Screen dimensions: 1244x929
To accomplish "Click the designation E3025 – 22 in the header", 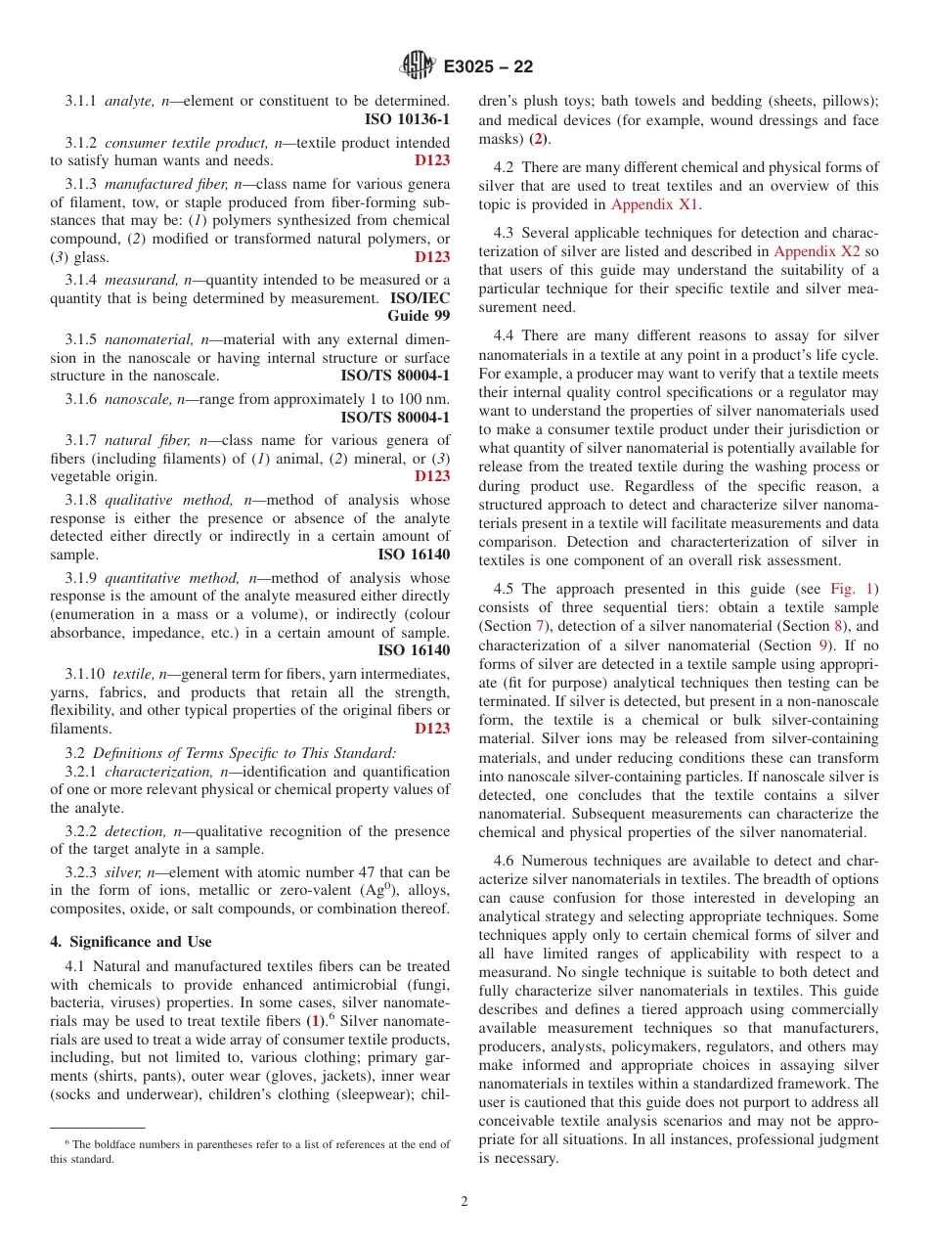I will pyautogui.click(x=488, y=67).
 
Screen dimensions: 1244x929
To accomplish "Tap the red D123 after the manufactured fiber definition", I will pyautogui.click(x=432, y=257).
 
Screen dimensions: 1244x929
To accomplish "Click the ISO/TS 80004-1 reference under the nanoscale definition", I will pyautogui.click(x=395, y=418).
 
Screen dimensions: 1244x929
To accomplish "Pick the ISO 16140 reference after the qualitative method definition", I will pyautogui.click(x=414, y=555).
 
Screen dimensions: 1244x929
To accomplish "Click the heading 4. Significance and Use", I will pyautogui.click(x=130, y=942).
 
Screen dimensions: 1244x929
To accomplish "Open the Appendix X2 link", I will pyautogui.click(x=817, y=251).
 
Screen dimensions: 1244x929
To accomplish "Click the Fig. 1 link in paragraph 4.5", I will pyautogui.click(x=856, y=588).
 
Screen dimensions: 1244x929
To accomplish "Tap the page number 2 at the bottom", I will pyautogui.click(x=464, y=1202).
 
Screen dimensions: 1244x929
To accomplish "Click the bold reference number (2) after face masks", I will pyautogui.click(x=538, y=139).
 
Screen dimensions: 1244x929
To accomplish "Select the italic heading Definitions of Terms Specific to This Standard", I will pyautogui.click(x=244, y=752).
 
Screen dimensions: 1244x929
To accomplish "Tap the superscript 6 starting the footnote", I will pyautogui.click(x=67, y=1142).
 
